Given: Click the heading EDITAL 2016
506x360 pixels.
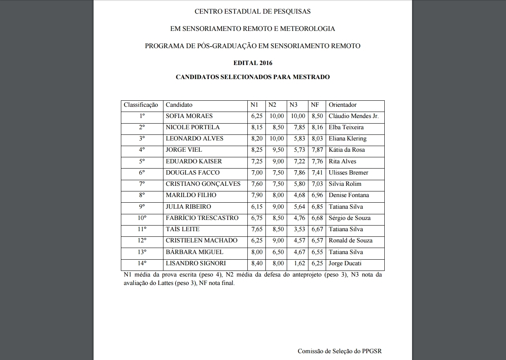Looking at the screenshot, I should click(253, 63).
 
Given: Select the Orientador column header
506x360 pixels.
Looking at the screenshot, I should click(343, 105).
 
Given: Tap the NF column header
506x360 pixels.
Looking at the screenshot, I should click(315, 105).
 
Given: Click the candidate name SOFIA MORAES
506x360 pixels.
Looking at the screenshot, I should click(189, 116).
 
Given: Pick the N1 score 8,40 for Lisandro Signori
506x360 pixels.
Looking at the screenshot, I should click(257, 263).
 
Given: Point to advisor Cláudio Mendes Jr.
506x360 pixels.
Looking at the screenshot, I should click(353, 116).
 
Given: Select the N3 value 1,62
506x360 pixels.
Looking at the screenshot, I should click(297, 263).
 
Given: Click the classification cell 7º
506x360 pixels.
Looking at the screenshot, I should click(142, 184).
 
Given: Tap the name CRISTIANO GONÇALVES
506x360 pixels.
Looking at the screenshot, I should click(203, 184).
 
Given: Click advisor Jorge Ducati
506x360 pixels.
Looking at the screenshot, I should click(345, 263).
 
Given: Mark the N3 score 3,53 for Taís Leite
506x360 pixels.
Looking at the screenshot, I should click(297, 229).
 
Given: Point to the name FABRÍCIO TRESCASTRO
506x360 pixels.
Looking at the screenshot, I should click(202, 218).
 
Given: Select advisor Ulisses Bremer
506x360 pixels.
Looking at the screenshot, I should click(348, 173).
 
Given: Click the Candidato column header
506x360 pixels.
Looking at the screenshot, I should click(179, 105).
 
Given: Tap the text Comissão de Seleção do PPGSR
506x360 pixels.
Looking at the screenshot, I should click(339, 351).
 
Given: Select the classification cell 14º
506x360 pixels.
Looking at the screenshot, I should click(142, 263).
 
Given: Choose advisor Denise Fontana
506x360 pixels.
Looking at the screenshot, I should click(349, 195).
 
